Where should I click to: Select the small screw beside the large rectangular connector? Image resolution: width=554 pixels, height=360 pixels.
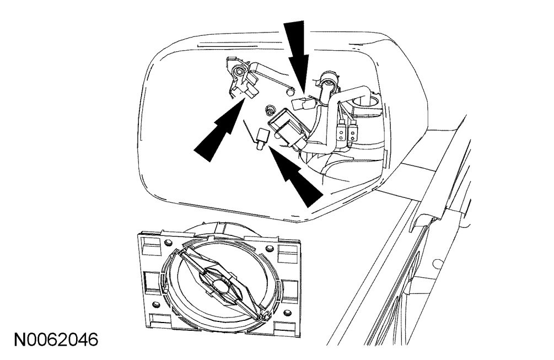[270, 110]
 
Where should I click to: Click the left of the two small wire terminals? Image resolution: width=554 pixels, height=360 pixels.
[342, 132]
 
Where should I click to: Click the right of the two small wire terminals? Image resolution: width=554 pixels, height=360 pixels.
[354, 133]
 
